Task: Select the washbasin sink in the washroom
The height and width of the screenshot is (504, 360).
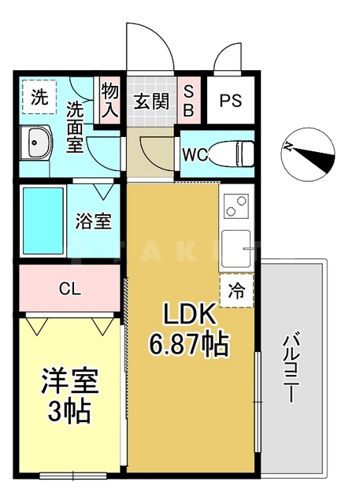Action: pos(37,145)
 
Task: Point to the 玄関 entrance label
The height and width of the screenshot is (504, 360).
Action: pos(150,101)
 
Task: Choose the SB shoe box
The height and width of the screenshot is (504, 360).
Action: pos(188,100)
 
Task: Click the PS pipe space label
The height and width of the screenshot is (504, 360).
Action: pos(230,101)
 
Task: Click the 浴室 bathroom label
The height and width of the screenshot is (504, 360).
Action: pos(94,222)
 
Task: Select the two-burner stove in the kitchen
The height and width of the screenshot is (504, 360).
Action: pos(236,207)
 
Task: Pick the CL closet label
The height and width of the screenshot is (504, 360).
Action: pos(69,288)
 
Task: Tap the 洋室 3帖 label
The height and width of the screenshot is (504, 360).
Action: pos(69,394)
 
